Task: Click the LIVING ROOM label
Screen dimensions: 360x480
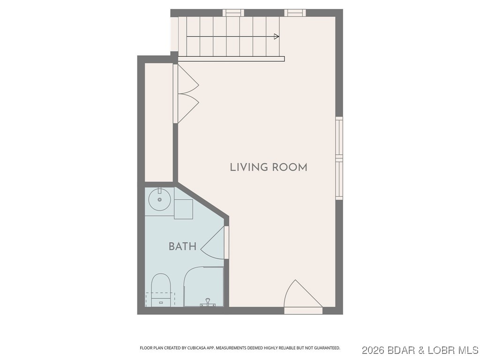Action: pyautogui.click(x=268, y=167)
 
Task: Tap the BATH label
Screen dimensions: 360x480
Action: pyautogui.click(x=182, y=247)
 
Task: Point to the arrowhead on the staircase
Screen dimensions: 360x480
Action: pyautogui.click(x=277, y=37)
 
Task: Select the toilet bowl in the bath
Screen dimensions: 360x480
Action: pyautogui.click(x=160, y=284)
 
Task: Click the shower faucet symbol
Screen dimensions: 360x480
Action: pyautogui.click(x=208, y=302)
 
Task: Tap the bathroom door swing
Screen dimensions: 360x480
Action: pyautogui.click(x=213, y=244)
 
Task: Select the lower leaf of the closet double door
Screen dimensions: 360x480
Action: pyautogui.click(x=187, y=107)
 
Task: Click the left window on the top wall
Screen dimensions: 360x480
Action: pyautogui.click(x=233, y=13)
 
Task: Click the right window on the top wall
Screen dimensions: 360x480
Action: pyautogui.click(x=295, y=13)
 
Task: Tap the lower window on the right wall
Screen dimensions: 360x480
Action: pyautogui.click(x=339, y=180)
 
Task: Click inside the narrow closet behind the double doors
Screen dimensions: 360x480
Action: pyautogui.click(x=159, y=122)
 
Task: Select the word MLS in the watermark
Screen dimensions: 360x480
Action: pyautogui.click(x=467, y=351)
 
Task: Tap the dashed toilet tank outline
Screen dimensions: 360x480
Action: pyautogui.click(x=160, y=300)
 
